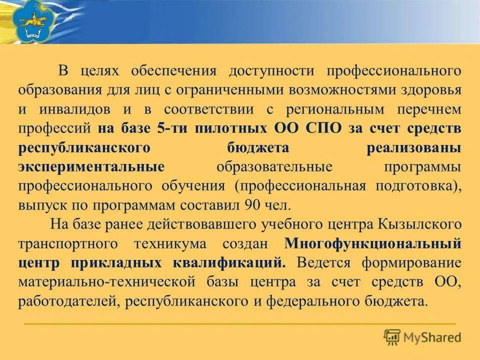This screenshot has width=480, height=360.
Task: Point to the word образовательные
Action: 275,166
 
